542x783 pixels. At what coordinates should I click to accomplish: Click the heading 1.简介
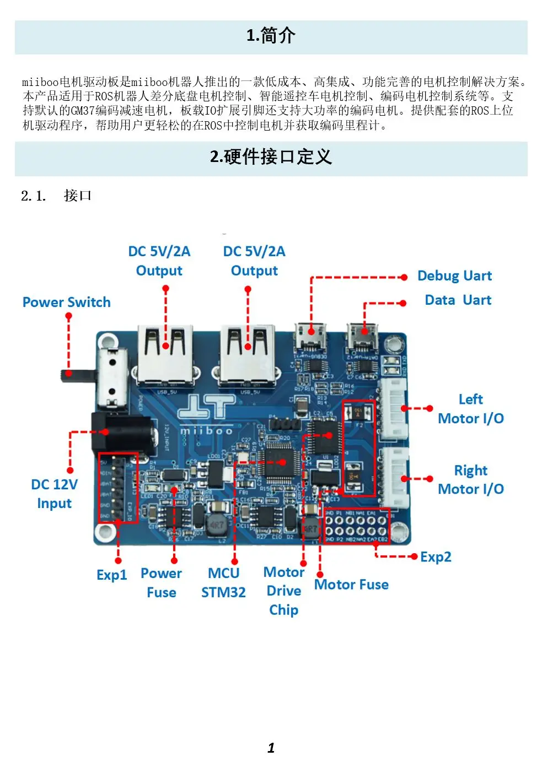[x=271, y=36]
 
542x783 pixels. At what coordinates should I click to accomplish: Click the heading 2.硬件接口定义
[x=271, y=157]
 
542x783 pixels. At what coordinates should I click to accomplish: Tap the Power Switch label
[x=66, y=302]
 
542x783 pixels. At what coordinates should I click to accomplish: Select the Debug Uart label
[x=454, y=276]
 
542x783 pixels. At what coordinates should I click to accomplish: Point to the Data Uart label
[x=458, y=300]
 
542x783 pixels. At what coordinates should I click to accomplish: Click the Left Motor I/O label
[x=470, y=409]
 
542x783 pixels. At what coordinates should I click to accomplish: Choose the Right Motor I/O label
[x=470, y=480]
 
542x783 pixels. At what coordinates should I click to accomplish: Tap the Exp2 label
[x=436, y=557]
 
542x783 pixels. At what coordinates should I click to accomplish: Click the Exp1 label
[x=111, y=575]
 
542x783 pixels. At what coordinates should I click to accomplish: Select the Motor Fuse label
[x=351, y=584]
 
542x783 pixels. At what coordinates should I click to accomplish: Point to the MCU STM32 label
[x=223, y=582]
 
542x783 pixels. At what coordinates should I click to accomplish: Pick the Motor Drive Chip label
[x=283, y=591]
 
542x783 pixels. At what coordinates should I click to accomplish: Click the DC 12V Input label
[x=54, y=494]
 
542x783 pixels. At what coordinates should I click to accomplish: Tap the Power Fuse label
[x=161, y=582]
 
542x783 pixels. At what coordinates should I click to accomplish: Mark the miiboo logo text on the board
[x=206, y=430]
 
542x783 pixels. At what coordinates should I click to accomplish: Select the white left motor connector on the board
[x=394, y=409]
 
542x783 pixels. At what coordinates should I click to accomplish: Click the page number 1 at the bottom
[x=271, y=748]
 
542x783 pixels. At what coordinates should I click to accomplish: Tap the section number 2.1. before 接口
[x=33, y=196]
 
